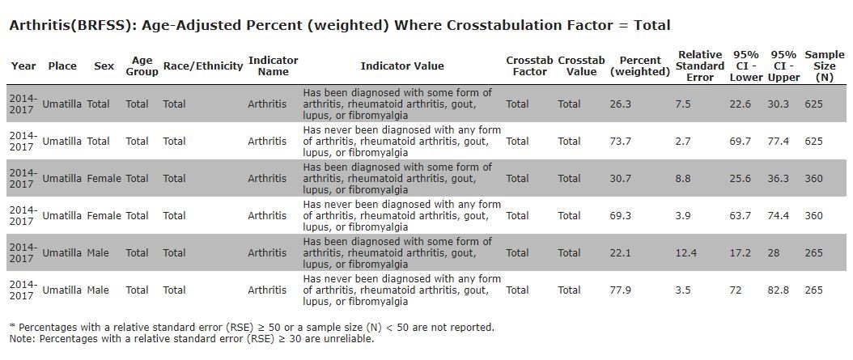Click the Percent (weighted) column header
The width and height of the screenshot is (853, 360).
pos(639,66)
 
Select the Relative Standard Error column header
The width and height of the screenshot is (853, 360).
pos(700,66)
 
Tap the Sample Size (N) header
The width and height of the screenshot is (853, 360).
pos(825,66)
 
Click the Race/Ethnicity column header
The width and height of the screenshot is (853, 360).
pos(203,66)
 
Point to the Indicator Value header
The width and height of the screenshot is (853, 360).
pos(402,66)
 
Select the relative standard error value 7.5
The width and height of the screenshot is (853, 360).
pos(683,104)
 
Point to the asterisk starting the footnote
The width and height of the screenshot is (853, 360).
pos(12,326)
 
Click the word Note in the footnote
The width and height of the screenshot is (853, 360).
pos(23,339)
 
